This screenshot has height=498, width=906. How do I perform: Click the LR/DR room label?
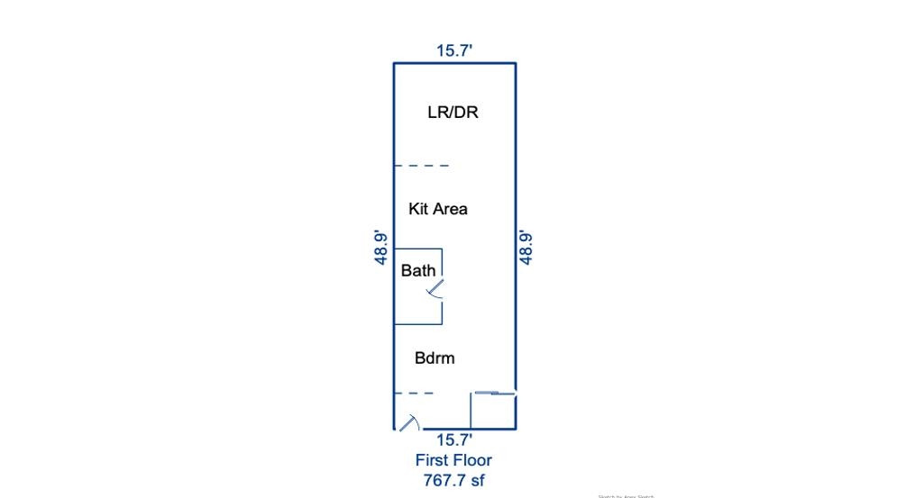(x=453, y=113)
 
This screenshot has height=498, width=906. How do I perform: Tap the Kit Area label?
(x=438, y=209)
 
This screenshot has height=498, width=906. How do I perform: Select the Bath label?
(x=418, y=270)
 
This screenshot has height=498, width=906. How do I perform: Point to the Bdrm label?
(x=435, y=358)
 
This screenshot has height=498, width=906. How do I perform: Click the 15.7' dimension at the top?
(x=454, y=51)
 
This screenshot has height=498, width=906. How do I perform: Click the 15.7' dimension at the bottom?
(x=454, y=440)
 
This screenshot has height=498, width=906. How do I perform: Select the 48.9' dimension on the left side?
(x=382, y=248)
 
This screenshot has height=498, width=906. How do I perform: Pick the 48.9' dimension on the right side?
(x=526, y=248)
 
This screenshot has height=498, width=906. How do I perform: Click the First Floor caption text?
(x=453, y=460)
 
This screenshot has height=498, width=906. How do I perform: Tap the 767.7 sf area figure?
(x=453, y=480)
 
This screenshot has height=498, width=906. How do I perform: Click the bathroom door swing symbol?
(x=435, y=288)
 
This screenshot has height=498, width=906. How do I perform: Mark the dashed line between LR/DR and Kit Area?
(x=422, y=166)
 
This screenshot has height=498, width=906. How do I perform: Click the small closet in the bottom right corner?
(x=493, y=411)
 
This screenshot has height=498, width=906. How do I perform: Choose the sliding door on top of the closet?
(x=493, y=393)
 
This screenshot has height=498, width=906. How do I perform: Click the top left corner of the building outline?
(x=394, y=63)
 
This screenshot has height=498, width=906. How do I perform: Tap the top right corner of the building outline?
(x=516, y=63)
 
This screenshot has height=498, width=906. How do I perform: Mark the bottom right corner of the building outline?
(x=516, y=428)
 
